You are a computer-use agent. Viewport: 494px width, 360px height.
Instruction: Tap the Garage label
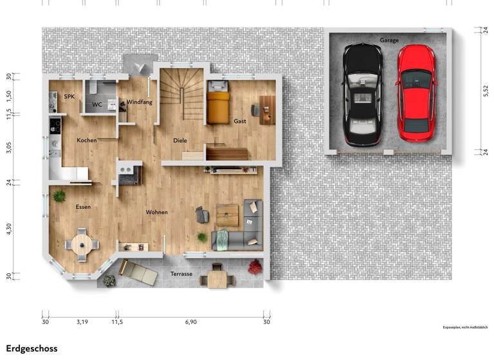(x=389, y=40)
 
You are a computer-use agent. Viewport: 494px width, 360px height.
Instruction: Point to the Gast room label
(x=240, y=121)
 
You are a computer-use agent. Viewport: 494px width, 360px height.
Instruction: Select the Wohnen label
(x=156, y=212)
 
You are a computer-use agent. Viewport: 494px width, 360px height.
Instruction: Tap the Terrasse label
(x=181, y=274)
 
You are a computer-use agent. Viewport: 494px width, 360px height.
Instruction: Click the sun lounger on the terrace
(x=138, y=273)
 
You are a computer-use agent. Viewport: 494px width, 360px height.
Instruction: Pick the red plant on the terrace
(x=255, y=265)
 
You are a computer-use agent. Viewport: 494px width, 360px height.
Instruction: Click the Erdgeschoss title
(x=32, y=348)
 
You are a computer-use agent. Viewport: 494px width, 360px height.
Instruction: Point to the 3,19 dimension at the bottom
(x=82, y=321)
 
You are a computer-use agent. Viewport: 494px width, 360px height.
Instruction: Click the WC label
(x=97, y=104)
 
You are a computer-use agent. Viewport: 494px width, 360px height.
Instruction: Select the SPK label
(x=69, y=96)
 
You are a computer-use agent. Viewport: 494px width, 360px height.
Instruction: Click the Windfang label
(x=139, y=102)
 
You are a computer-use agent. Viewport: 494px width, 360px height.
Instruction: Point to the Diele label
(x=180, y=140)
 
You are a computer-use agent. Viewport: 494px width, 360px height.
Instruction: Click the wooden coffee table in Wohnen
(x=226, y=215)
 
